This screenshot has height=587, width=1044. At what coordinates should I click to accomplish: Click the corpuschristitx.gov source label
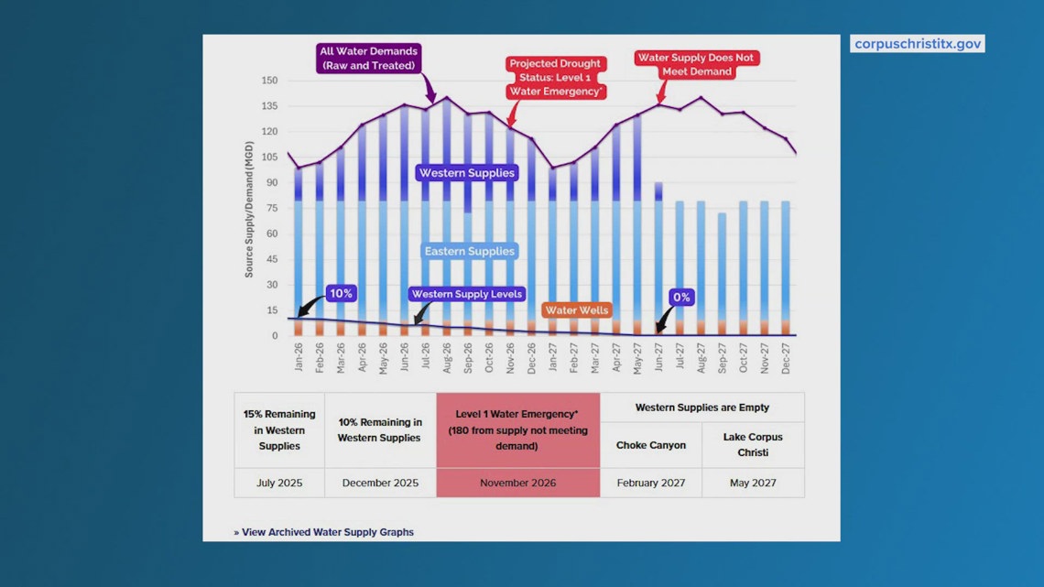(917, 44)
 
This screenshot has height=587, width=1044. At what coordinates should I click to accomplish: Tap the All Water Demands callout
(368, 59)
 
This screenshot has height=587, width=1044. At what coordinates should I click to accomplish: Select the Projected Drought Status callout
(555, 77)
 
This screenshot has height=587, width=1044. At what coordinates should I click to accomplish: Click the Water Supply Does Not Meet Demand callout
(696, 64)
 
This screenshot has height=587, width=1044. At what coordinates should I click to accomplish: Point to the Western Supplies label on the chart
(467, 173)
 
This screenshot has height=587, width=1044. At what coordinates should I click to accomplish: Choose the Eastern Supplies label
(470, 251)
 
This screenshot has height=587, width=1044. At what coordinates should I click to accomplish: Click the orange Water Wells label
(577, 310)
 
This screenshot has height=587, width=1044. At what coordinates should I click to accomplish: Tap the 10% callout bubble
(341, 293)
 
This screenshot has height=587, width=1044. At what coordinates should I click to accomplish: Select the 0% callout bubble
(681, 298)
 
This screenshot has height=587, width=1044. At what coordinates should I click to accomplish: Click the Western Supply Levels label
(467, 294)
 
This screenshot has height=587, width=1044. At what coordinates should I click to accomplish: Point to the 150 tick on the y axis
(269, 81)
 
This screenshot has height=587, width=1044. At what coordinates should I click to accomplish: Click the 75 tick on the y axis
(272, 208)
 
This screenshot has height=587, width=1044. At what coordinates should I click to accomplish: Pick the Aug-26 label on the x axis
(447, 357)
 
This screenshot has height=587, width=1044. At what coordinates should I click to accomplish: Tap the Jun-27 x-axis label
(658, 357)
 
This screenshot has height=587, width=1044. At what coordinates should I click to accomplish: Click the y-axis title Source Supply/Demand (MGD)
(249, 209)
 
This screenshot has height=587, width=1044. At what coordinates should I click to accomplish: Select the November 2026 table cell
(518, 483)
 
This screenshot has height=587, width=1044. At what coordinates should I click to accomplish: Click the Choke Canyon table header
(650, 445)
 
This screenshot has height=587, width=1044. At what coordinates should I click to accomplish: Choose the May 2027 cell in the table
(753, 483)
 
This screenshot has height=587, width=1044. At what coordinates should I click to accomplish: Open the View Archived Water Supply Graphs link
(323, 532)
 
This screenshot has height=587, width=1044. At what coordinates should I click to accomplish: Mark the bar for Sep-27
(723, 274)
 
